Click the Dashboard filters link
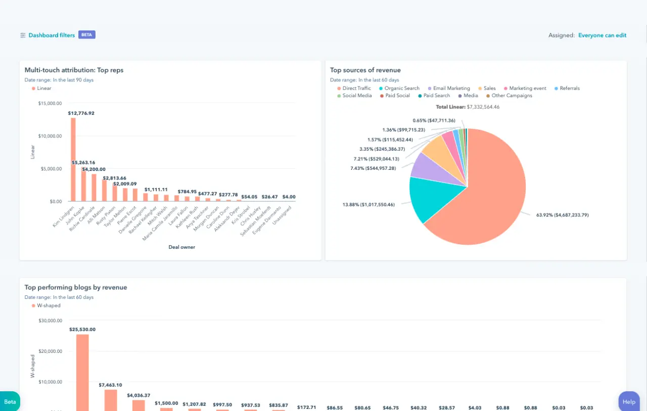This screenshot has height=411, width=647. pyautogui.click(x=51, y=35)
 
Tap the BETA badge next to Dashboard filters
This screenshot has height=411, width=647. pyautogui.click(x=87, y=35)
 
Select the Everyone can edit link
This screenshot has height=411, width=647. pyautogui.click(x=602, y=35)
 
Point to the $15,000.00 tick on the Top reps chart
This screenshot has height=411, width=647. pyautogui.click(x=50, y=103)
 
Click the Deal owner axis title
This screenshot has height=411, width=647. pyautogui.click(x=181, y=247)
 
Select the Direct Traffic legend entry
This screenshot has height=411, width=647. pyautogui.click(x=356, y=88)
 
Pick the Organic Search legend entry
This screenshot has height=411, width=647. pyautogui.click(x=401, y=88)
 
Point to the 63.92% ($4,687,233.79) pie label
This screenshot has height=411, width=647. pyautogui.click(x=562, y=215)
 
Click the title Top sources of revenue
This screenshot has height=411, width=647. pyautogui.click(x=365, y=70)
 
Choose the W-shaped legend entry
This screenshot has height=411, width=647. pyautogui.click(x=49, y=305)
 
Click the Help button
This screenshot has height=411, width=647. pyautogui.click(x=629, y=402)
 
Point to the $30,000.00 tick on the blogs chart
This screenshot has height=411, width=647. pyautogui.click(x=50, y=320)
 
